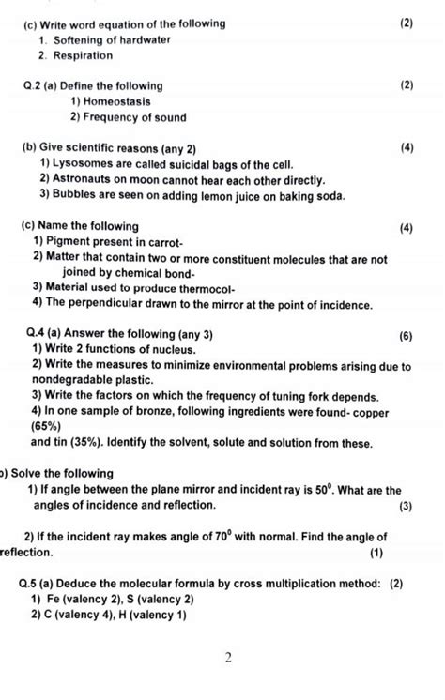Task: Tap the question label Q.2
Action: pyautogui.click(x=35, y=85)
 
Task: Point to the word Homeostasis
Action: pyautogui.click(x=117, y=101)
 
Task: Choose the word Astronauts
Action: pyautogui.click(x=89, y=179)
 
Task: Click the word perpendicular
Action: pyautogui.click(x=115, y=304)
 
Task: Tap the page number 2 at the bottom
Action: pyautogui.click(x=227, y=658)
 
